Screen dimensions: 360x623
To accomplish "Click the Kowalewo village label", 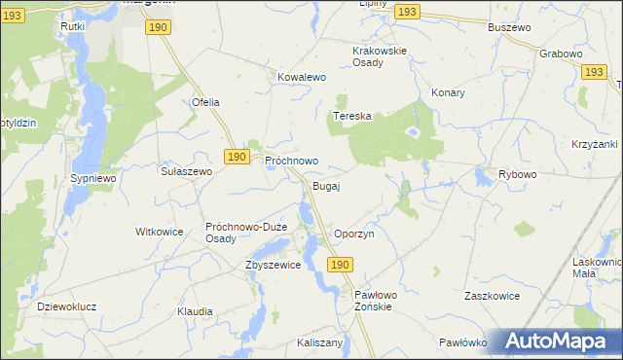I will pyautogui.click(x=301, y=76).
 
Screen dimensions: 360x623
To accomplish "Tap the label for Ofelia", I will pyautogui.click(x=205, y=102).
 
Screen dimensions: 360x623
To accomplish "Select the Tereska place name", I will pyautogui.click(x=352, y=116).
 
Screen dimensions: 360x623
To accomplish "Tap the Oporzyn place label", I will pyautogui.click(x=354, y=234).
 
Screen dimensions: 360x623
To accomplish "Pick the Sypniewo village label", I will pyautogui.click(x=93, y=180).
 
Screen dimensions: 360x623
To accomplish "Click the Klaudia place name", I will pyautogui.click(x=195, y=311).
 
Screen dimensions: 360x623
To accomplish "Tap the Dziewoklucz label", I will pyautogui.click(x=66, y=306).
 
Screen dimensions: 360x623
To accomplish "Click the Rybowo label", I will pyautogui.click(x=518, y=174).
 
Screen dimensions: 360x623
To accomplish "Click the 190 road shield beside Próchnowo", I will pyautogui.click(x=236, y=156).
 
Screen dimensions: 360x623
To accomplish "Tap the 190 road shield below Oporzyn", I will pyautogui.click(x=339, y=265).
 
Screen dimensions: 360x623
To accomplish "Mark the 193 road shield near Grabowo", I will pyautogui.click(x=593, y=72).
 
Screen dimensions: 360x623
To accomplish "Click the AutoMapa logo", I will pyautogui.click(x=559, y=341).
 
